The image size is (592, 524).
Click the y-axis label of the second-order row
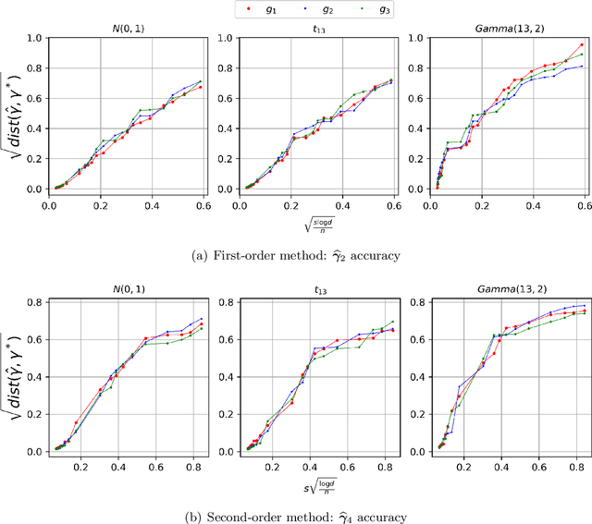coord(16,376)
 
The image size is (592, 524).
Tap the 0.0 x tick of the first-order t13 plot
coord(238,208)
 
